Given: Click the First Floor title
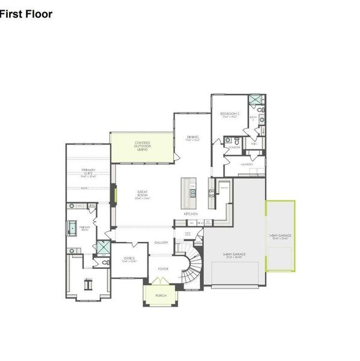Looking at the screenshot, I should [x=26, y=13].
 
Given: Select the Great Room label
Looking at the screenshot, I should [x=142, y=194].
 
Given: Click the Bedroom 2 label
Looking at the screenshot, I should [x=229, y=114].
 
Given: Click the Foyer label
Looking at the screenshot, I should [x=163, y=269].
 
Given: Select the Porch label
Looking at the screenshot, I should [x=161, y=295].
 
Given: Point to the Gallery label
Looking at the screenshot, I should [x=161, y=242].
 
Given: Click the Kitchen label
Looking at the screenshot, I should [x=191, y=214].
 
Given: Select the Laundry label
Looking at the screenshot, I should [x=246, y=164].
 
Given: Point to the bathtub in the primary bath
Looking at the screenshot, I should [x=71, y=229].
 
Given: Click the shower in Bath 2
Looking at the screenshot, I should [x=255, y=100].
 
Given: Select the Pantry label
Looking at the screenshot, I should [x=223, y=188].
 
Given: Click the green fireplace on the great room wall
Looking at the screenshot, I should [x=115, y=194].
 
